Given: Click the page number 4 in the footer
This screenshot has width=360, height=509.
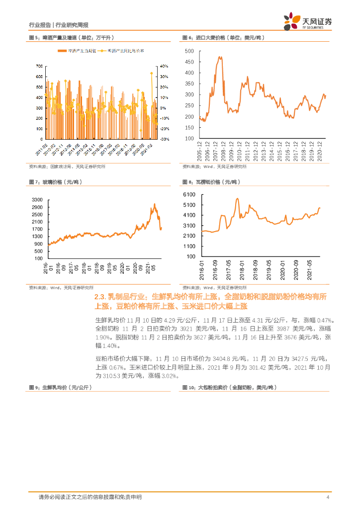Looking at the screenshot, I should click(x=328, y=497).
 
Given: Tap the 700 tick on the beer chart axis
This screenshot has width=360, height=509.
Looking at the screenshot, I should click(x=39, y=67).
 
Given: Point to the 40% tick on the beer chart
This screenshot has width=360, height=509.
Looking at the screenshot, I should click(x=165, y=67).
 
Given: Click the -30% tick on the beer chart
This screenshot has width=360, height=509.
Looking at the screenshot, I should click(x=165, y=139).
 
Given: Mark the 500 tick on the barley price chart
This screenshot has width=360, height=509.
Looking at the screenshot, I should click(x=189, y=51).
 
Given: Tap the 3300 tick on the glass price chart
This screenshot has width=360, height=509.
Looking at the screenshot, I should click(x=37, y=200).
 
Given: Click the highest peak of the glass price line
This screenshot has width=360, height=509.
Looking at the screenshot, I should click(x=155, y=204).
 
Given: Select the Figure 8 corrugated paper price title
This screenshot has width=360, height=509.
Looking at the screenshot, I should click(x=211, y=183).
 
